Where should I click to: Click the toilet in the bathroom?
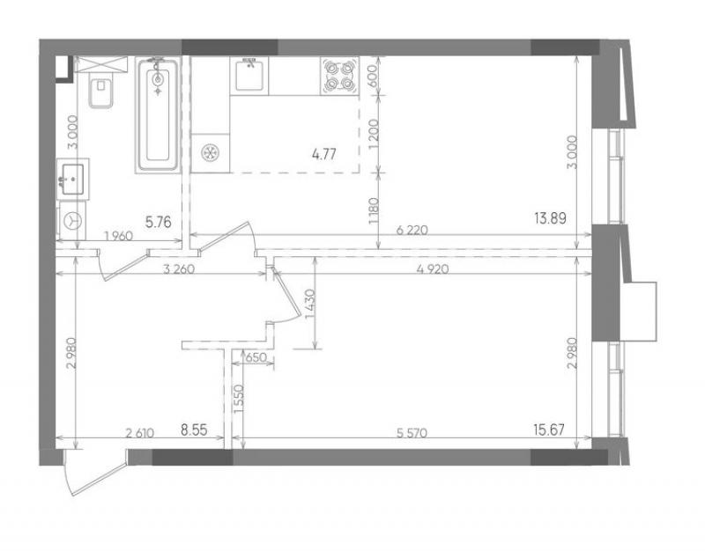[x=100, y=92]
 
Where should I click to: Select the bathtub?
[x=158, y=115]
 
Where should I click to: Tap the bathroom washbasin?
[x=73, y=180]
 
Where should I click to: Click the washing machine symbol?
[x=73, y=221]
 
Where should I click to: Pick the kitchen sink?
[x=249, y=76]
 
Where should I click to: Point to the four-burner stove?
[x=340, y=76]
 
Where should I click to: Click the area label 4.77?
[x=324, y=155]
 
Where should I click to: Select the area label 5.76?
[x=159, y=222]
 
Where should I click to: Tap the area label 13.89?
[x=550, y=218]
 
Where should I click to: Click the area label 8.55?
[x=194, y=430]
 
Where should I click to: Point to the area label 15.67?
[x=549, y=430]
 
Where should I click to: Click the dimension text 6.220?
[x=412, y=231]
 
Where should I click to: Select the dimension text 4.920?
[x=433, y=269]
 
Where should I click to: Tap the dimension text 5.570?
[x=412, y=433]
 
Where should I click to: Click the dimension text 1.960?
[x=118, y=236]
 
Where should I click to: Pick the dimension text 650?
[x=256, y=357]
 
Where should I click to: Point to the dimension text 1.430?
[x=311, y=304]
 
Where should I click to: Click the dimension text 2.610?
[x=140, y=433]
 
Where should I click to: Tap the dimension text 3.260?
[x=179, y=269]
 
